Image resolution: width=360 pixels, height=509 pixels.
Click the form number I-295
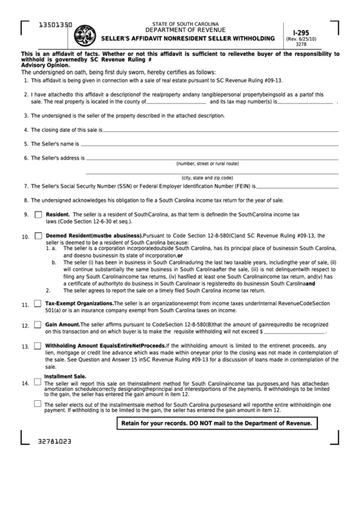pos(300,32)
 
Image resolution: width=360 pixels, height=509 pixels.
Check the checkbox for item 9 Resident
pos(38,214)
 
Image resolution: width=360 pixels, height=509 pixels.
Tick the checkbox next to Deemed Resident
pos(38,236)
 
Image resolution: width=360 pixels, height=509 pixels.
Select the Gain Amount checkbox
pos(38,325)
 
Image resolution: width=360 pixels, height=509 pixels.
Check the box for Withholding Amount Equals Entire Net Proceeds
pos(38,345)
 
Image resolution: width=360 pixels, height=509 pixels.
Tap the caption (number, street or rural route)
pos(207,164)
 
